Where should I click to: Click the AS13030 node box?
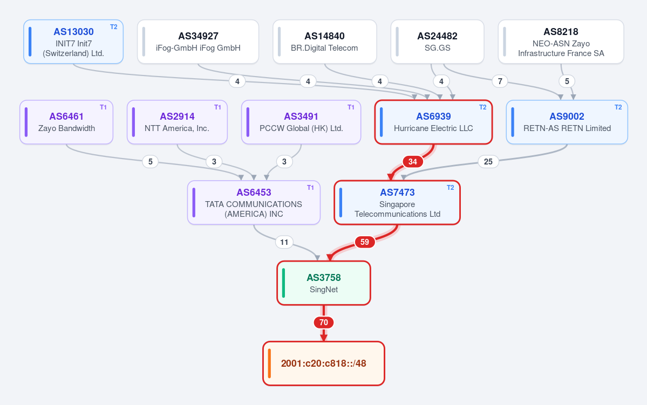click(x=73, y=42)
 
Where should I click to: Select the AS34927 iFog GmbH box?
click(x=198, y=42)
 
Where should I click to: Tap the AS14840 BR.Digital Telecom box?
click(x=325, y=42)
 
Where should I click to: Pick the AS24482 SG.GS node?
click(x=438, y=42)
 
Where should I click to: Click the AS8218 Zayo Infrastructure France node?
click(x=561, y=42)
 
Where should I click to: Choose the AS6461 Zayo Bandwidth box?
click(x=66, y=122)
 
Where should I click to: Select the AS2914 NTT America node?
click(x=177, y=122)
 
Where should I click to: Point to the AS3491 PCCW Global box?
click(x=301, y=122)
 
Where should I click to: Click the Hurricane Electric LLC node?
click(x=434, y=122)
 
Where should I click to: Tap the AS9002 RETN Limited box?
click(x=567, y=122)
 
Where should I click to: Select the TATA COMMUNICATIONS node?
click(x=254, y=203)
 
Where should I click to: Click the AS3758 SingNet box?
click(x=324, y=283)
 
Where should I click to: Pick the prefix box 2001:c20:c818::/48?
click(x=324, y=363)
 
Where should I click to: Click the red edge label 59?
click(x=365, y=242)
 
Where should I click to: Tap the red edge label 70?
click(x=324, y=322)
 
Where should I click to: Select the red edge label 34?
click(x=413, y=162)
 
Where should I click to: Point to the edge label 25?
click(x=488, y=162)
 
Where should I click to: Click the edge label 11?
click(x=284, y=242)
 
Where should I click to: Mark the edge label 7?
click(x=500, y=81)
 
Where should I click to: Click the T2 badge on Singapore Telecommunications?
click(x=450, y=188)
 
